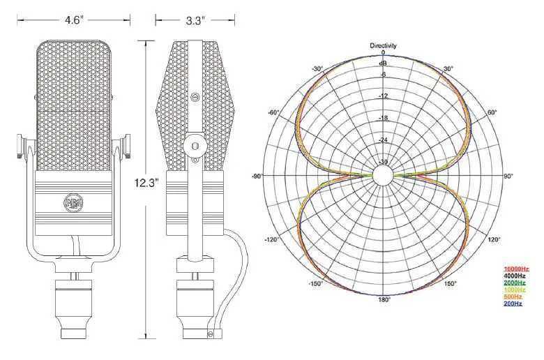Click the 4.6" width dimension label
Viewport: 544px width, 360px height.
click(73, 21)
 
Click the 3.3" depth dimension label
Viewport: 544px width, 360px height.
click(195, 21)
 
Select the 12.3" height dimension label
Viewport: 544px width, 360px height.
click(147, 183)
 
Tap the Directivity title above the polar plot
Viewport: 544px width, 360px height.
click(383, 45)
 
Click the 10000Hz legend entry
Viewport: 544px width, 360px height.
click(516, 269)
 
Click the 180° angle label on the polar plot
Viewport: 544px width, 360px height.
click(384, 301)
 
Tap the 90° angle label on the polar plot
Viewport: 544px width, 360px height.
click(508, 177)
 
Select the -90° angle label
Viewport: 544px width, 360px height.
click(257, 177)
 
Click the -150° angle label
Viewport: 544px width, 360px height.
click(317, 284)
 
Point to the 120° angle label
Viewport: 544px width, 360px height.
click(493, 239)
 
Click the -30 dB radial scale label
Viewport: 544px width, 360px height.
click(383, 162)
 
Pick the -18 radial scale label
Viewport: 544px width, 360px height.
click(383, 118)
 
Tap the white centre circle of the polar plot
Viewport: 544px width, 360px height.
click(383, 176)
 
